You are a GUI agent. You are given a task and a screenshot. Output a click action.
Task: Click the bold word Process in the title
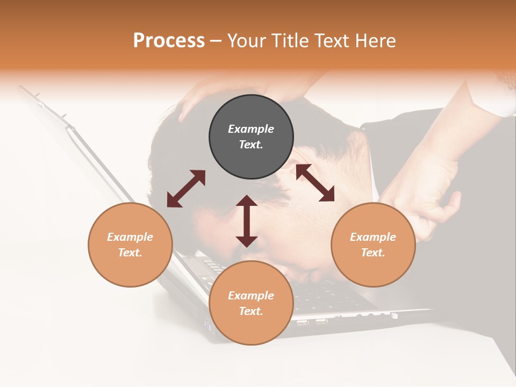[x=169, y=41]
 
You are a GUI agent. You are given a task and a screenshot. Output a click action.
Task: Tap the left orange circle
[x=130, y=245]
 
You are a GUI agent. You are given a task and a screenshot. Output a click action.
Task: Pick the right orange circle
[x=373, y=245]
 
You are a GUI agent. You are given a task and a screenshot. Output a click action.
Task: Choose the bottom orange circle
[x=251, y=303]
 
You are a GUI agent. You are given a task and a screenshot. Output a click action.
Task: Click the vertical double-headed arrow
[x=247, y=221]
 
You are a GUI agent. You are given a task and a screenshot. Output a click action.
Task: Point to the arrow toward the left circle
[x=186, y=189]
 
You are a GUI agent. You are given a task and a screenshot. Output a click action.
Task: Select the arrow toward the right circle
[x=315, y=183]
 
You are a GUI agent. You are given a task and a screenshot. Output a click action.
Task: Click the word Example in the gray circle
[x=251, y=129]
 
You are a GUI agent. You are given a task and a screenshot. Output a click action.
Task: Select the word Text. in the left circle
[x=130, y=253]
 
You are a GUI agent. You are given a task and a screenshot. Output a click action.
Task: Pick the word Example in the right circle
[x=373, y=237]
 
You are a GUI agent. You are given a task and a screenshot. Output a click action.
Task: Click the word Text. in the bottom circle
[x=251, y=311]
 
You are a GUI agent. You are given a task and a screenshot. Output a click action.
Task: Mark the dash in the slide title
[x=216, y=41]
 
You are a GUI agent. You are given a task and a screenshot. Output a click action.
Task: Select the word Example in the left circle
[x=130, y=237]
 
